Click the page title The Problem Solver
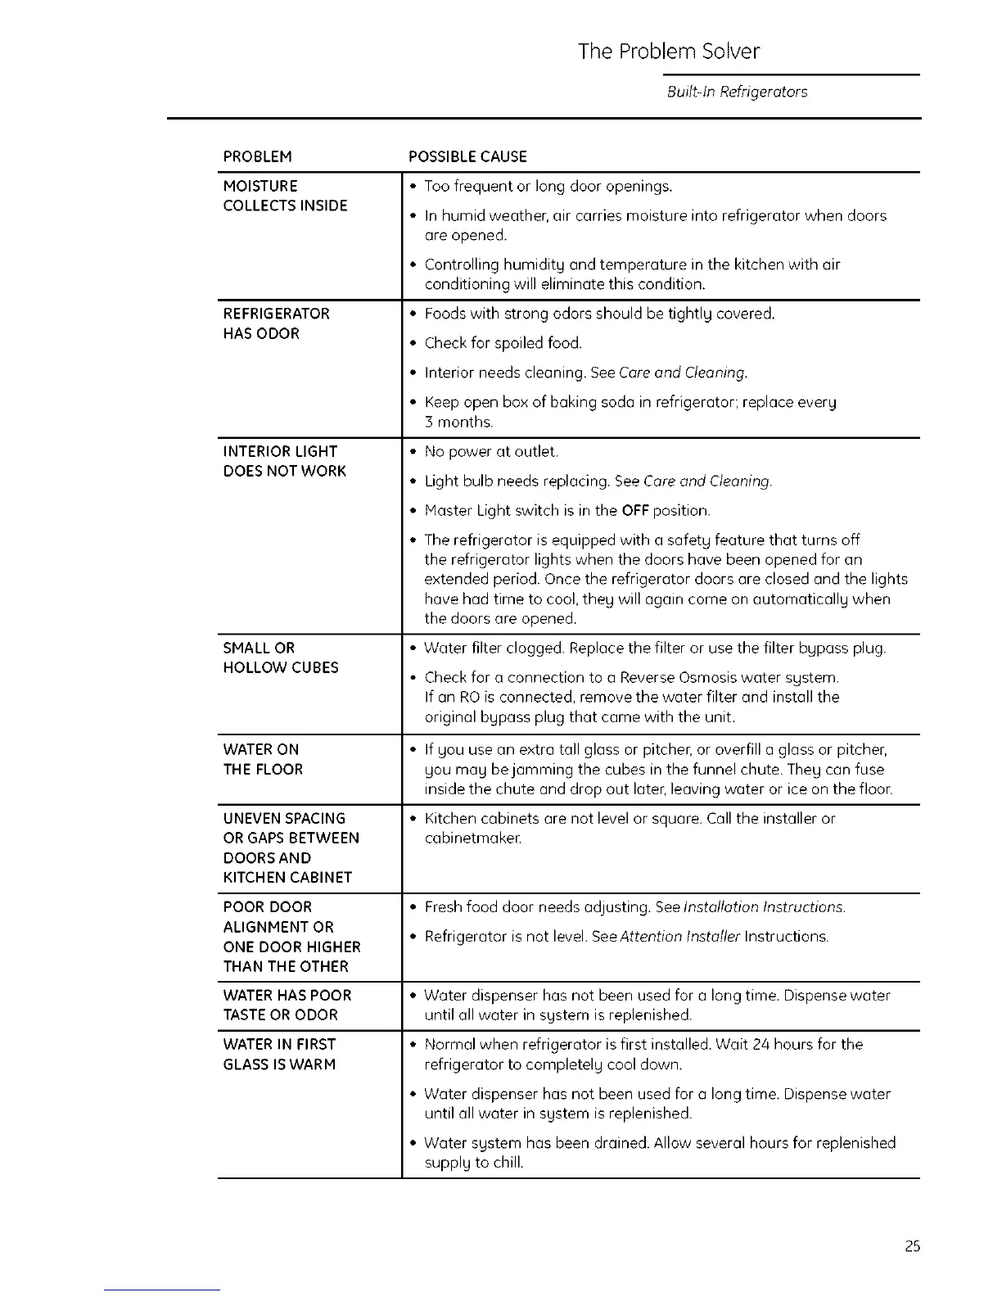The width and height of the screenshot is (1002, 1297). click(x=668, y=52)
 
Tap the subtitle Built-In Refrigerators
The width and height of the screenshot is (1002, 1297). click(x=737, y=92)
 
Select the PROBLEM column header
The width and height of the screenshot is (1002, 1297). click(x=257, y=156)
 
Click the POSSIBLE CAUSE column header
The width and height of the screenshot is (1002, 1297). click(x=467, y=156)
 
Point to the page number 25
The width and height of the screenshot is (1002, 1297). click(x=913, y=1246)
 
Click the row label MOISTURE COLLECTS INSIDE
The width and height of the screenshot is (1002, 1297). click(x=285, y=196)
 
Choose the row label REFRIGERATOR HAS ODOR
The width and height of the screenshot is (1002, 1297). click(x=276, y=323)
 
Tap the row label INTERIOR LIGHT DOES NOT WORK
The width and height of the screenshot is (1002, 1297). click(x=284, y=461)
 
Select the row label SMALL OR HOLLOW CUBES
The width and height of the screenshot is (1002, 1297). click(x=280, y=658)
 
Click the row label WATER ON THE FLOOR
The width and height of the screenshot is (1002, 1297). click(x=263, y=759)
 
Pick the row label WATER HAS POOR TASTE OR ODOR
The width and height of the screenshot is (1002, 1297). click(x=287, y=1005)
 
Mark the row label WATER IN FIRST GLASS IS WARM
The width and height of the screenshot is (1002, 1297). click(x=279, y=1054)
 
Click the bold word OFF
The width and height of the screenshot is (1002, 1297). click(x=635, y=511)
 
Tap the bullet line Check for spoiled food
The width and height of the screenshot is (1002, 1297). click(x=503, y=343)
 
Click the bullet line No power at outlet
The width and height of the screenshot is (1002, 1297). click(x=491, y=452)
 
